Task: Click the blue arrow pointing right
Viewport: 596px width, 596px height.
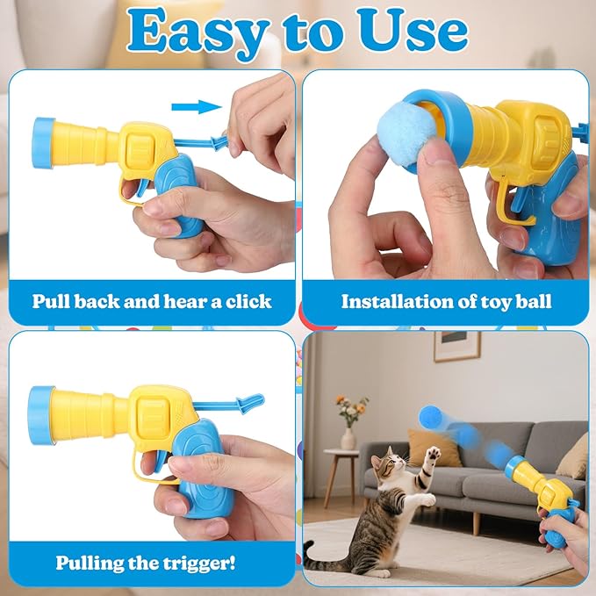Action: pos(197,107)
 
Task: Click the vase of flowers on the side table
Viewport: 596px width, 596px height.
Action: pos(349,422)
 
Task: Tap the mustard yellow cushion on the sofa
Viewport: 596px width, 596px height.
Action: pos(434,449)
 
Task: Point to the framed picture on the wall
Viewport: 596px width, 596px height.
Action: pos(457,347)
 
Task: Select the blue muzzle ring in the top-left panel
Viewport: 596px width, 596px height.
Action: pos(43,143)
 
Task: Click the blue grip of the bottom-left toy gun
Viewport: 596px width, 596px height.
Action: pos(202,469)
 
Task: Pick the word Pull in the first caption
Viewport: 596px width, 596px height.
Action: pos(51,301)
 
